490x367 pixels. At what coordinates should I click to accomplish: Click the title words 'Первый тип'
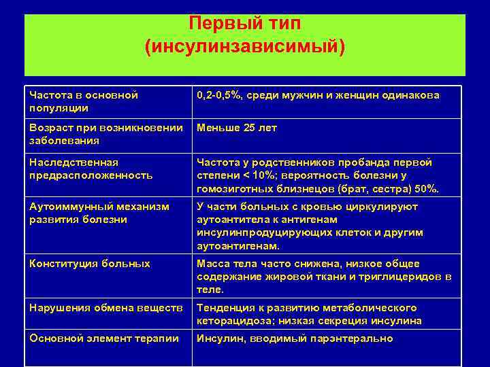(244, 23)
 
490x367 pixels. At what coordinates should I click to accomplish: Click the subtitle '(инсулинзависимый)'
(244, 48)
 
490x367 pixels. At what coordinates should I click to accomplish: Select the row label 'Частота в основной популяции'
(84, 101)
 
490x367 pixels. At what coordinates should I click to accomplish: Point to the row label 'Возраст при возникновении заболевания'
(106, 134)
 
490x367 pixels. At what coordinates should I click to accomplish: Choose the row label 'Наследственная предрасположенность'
(91, 169)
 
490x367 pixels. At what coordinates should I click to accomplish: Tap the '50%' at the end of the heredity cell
(426, 188)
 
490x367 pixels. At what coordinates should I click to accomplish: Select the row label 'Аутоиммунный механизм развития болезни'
(97, 213)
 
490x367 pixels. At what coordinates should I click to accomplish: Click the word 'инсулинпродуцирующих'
(259, 232)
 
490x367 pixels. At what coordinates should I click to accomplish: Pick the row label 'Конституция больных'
(90, 264)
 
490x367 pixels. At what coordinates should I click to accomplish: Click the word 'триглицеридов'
(386, 277)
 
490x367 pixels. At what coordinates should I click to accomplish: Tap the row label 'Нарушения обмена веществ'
(105, 308)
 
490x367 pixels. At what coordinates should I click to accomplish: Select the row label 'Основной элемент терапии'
(104, 338)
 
